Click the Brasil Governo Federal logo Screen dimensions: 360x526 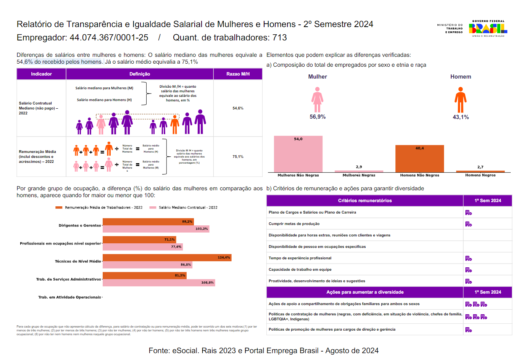(488, 29)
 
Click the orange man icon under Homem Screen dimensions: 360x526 (460, 100)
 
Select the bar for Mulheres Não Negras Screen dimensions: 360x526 (298, 154)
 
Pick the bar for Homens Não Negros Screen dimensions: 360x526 (420, 159)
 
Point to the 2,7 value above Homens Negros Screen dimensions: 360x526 (480, 167)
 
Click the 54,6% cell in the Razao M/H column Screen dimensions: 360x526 (238, 108)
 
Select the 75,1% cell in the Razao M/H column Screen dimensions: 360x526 (238, 157)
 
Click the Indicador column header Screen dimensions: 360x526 (41, 74)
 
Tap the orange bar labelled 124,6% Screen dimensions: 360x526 (167, 257)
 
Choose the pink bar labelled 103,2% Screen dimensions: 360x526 (156, 229)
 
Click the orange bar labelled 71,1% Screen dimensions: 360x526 (139, 239)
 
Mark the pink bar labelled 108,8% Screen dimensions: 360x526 (158, 283)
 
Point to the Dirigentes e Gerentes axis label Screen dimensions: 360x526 (79, 225)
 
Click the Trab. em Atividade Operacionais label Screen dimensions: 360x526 (69, 297)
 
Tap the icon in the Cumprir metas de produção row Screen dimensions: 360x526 (468, 224)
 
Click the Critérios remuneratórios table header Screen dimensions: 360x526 (365, 201)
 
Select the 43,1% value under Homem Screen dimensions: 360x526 (461, 117)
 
